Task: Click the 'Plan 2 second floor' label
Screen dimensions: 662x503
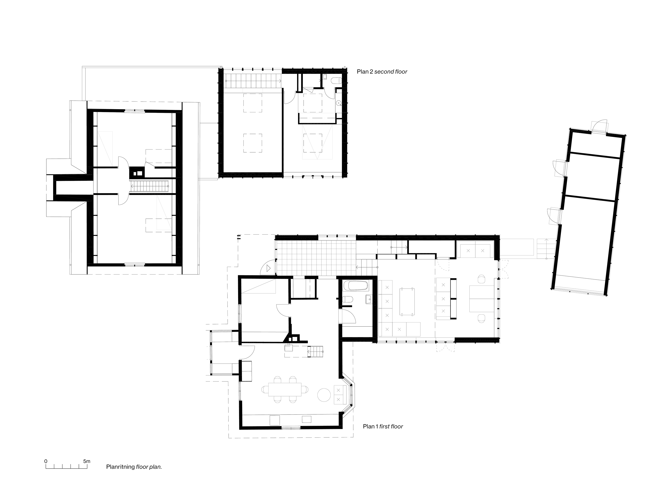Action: (x=382, y=72)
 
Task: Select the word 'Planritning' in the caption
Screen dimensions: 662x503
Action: (x=120, y=467)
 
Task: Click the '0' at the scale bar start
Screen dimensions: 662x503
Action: (x=46, y=461)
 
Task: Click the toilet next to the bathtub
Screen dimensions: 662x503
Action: (x=347, y=300)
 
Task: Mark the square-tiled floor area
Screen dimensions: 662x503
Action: (x=316, y=258)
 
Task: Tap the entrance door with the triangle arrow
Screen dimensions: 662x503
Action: (x=268, y=268)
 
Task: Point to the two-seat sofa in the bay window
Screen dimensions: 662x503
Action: (x=340, y=395)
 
